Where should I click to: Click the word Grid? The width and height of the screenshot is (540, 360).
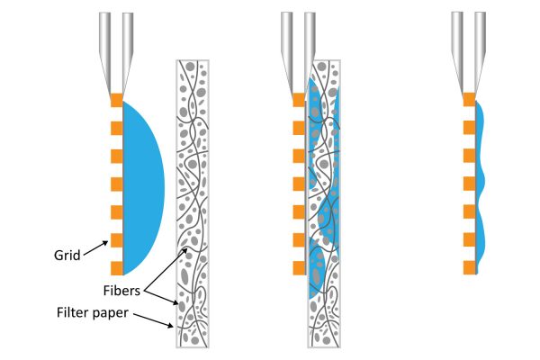pos(67,256)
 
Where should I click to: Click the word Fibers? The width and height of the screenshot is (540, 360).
pos(121,291)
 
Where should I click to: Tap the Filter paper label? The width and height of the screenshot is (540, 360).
pos(93,313)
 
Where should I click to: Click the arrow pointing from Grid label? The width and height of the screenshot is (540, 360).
pos(95,248)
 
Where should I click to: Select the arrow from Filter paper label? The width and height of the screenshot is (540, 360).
pos(153,320)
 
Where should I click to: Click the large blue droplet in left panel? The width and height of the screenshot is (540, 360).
pos(143,188)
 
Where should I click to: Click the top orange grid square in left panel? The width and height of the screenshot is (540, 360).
pos(117,100)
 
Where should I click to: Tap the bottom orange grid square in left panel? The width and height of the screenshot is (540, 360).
pos(117,268)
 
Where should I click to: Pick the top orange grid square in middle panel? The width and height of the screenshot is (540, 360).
pos(299,100)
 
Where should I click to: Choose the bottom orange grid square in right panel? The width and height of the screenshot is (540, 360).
pos(470,267)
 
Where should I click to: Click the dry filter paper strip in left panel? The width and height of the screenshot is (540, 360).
pos(193,203)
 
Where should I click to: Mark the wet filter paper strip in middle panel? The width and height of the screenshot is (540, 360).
pos(324,203)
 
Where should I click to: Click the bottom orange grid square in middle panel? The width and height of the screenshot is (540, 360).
pos(299,268)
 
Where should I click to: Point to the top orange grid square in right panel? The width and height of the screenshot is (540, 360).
pos(470,100)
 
